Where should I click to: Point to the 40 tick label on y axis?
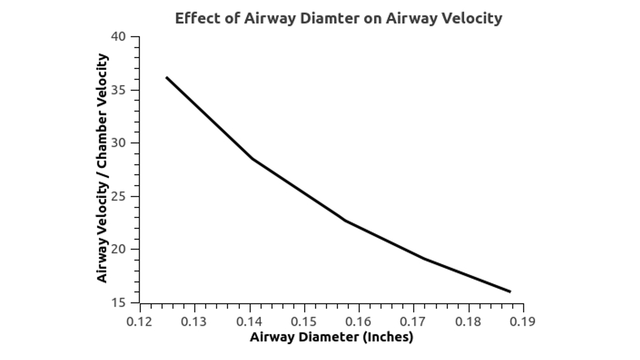[118, 37]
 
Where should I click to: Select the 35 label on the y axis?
[118, 90]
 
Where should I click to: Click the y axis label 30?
[118, 143]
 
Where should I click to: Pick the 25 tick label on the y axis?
[118, 196]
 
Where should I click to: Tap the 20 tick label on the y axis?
[118, 249]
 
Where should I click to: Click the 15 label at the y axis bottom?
[118, 303]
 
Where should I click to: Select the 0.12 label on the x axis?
[139, 322]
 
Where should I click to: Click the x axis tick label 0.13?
[194, 322]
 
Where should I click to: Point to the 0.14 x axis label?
[249, 322]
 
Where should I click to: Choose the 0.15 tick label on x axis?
[304, 322]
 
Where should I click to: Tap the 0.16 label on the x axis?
[358, 322]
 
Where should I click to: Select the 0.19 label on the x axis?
[522, 322]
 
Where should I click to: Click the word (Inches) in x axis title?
[388, 337]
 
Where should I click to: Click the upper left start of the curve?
[166, 78]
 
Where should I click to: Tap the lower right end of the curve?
[510, 292]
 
